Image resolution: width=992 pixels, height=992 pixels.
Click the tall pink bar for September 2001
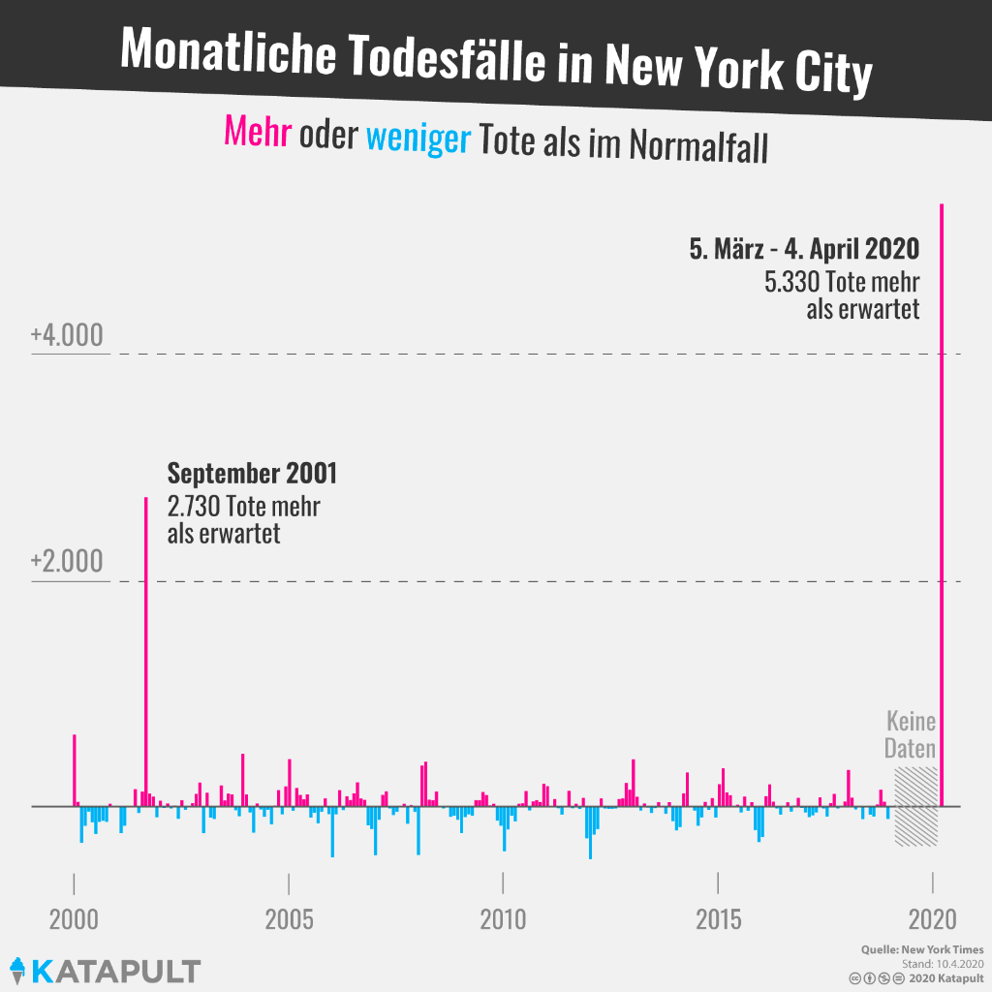(146, 649)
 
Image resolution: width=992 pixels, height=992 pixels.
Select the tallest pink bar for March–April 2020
(942, 504)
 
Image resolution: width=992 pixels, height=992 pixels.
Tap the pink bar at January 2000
(75, 770)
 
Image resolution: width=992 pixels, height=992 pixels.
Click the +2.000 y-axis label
(66, 562)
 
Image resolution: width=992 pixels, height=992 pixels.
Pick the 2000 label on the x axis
(74, 919)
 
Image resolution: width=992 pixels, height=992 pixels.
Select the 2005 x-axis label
(289, 919)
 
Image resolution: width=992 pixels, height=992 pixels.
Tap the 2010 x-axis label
(503, 919)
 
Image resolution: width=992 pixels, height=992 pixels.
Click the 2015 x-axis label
(718, 919)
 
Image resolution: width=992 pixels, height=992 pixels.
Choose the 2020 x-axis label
(932, 919)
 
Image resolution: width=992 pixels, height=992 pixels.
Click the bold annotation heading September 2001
(252, 474)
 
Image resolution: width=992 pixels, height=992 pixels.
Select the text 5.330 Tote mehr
(841, 282)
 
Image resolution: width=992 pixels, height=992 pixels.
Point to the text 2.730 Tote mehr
(243, 506)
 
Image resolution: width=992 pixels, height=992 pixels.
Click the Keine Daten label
(911, 735)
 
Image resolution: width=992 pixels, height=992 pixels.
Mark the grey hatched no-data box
(915, 806)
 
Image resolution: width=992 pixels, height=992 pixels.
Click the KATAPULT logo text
(116, 971)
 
